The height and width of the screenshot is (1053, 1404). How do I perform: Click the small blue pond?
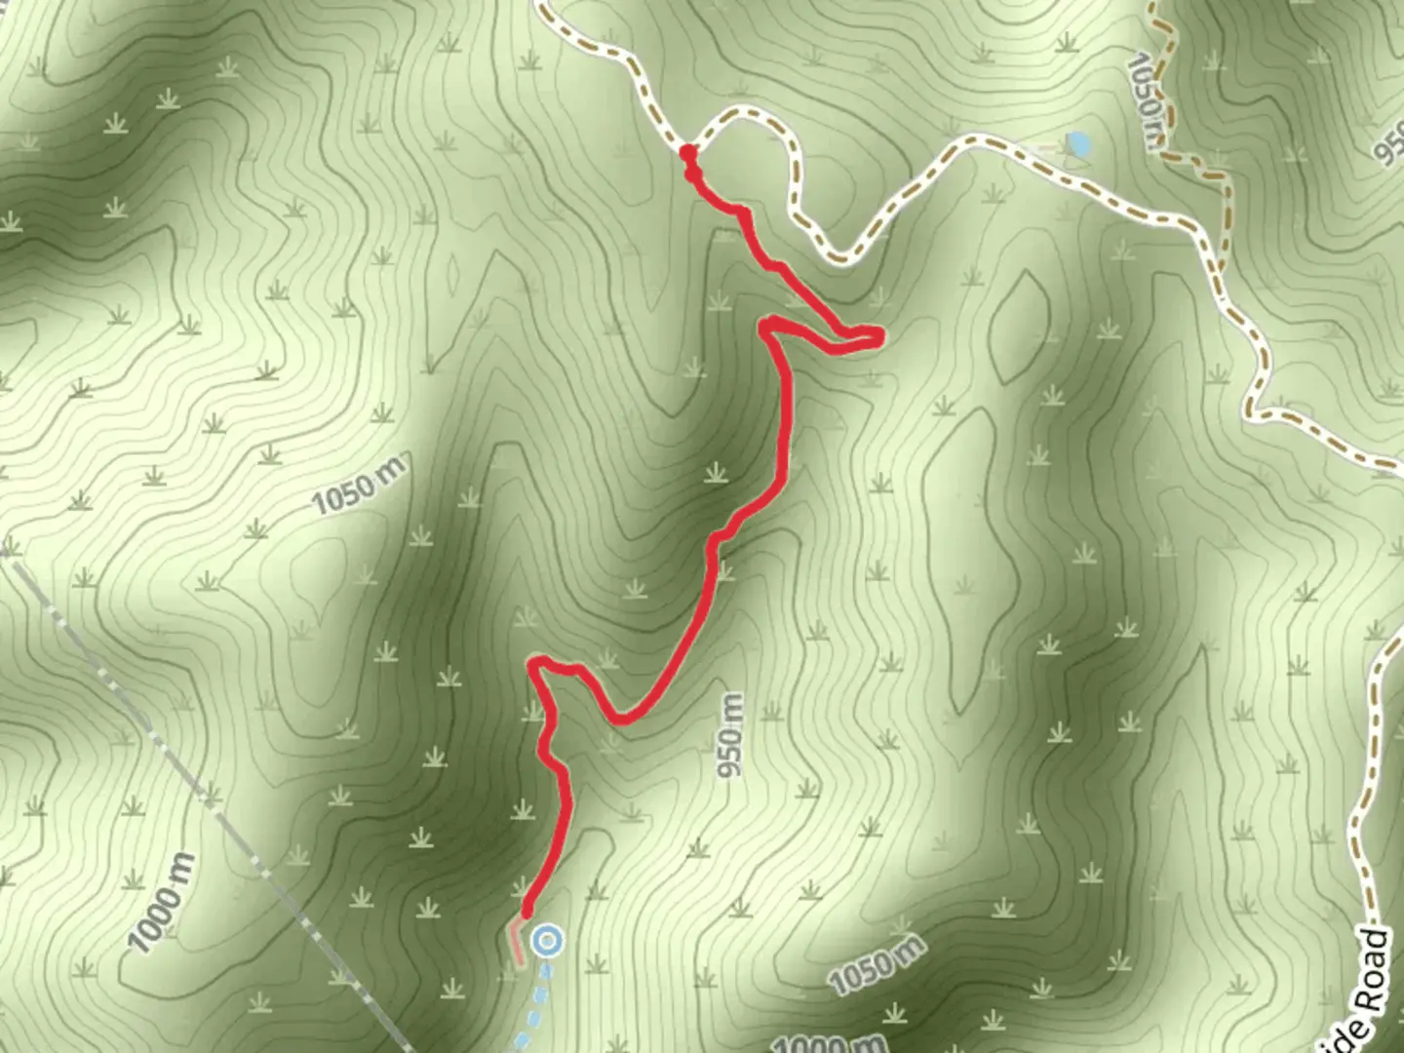pos(1078,144)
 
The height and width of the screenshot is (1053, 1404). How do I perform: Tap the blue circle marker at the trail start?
pos(548,941)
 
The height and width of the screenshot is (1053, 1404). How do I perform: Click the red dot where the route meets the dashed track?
pos(687,151)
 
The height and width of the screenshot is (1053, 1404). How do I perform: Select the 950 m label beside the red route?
pos(731,735)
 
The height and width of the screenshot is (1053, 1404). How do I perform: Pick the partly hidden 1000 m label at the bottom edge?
pos(823,1044)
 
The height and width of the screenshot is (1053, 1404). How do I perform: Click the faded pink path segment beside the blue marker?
pos(514,942)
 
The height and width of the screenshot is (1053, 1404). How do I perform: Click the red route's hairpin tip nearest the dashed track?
pos(877,337)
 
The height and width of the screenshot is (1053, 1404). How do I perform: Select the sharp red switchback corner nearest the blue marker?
pos(534,664)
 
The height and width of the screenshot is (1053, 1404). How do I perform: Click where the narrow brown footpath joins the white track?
pos(1221,273)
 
